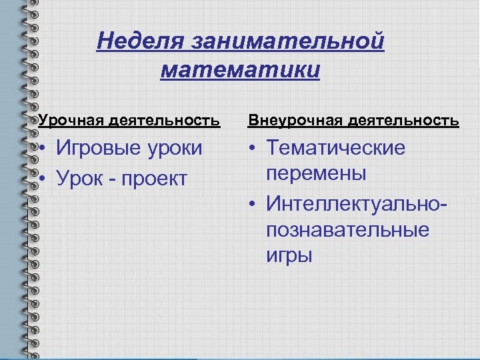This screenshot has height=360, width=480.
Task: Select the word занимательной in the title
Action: click(287, 41)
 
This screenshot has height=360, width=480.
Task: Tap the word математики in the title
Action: click(240, 70)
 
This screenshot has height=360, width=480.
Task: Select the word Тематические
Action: click(335, 148)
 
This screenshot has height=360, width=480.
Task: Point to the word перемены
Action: click(316, 174)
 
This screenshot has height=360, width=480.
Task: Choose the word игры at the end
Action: click(289, 256)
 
